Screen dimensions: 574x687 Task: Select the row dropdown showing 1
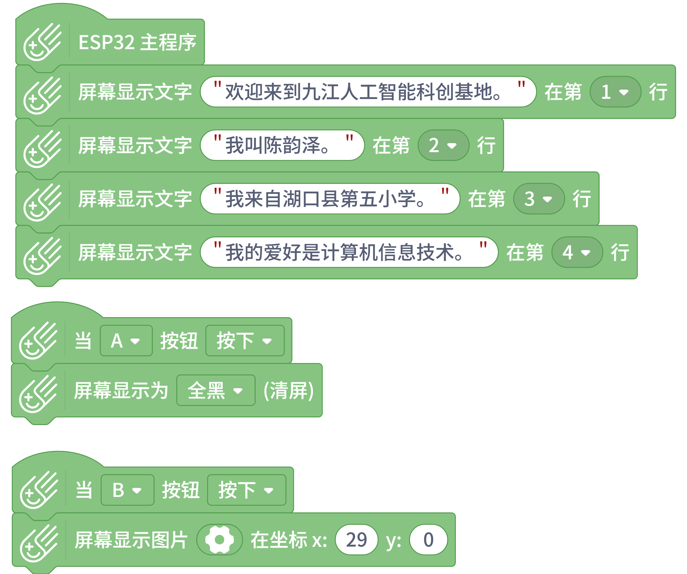(x=615, y=92)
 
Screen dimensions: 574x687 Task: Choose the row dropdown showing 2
(x=443, y=145)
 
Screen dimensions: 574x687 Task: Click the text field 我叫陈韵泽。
(x=282, y=145)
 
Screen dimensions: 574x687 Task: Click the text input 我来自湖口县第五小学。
(x=330, y=199)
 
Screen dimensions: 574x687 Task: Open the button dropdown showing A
(x=126, y=341)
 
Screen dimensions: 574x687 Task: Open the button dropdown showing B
(x=127, y=490)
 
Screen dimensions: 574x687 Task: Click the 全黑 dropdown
(x=216, y=390)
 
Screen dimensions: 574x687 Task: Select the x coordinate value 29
(x=356, y=540)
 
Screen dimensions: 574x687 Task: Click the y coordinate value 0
(x=428, y=540)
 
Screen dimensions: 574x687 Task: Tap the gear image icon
(x=220, y=540)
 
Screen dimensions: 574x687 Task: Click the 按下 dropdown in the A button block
(x=245, y=341)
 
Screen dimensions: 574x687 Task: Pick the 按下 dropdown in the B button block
(x=246, y=490)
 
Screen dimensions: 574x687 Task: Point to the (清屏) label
(x=288, y=390)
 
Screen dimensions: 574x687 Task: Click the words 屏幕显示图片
(x=131, y=540)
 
